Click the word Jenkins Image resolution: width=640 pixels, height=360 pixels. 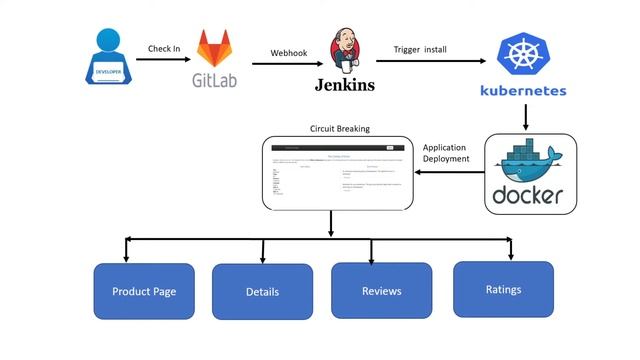click(x=342, y=85)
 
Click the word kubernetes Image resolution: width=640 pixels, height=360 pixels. click(x=523, y=91)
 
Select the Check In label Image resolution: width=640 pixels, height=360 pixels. click(x=164, y=48)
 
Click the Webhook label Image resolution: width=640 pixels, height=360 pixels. click(x=287, y=53)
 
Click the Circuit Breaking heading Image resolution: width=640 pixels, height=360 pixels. click(x=340, y=129)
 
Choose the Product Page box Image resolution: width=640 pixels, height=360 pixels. click(x=144, y=291)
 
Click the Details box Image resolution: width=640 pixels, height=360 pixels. click(x=262, y=292)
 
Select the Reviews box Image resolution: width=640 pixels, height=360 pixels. click(x=381, y=291)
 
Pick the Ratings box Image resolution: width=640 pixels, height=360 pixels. click(x=503, y=289)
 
